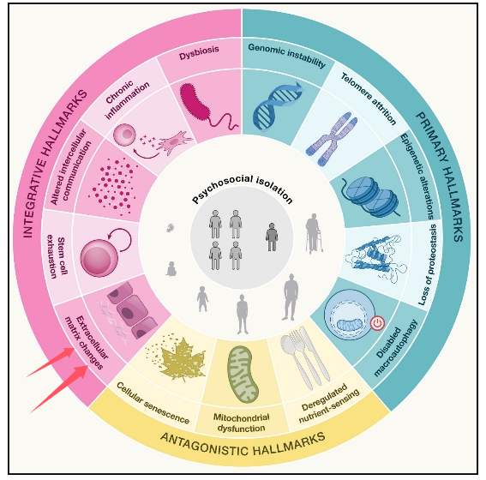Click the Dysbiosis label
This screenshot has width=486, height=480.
click(199, 52)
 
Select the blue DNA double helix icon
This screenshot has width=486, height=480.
click(278, 106)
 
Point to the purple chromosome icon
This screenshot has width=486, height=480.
click(332, 139)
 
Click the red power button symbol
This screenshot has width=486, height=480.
click(377, 323)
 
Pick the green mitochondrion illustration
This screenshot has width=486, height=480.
click(243, 374)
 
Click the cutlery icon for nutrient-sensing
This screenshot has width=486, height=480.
click(305, 357)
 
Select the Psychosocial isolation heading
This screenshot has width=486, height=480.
click(242, 189)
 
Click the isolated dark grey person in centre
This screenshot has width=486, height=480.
click(272, 237)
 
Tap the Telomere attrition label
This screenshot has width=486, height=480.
click(369, 99)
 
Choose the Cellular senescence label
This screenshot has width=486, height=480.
click(153, 403)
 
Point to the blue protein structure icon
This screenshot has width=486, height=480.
click(376, 258)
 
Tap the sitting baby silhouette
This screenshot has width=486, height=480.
click(171, 269)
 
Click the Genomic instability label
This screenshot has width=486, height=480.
click(286, 55)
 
